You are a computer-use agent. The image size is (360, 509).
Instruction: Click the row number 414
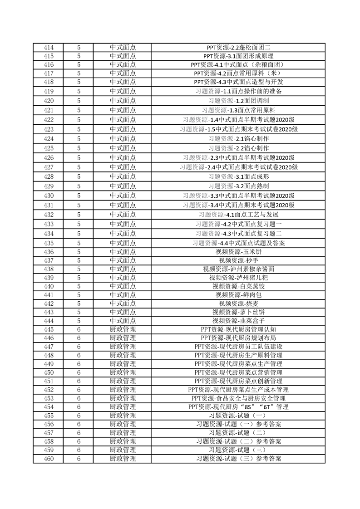point(48,47)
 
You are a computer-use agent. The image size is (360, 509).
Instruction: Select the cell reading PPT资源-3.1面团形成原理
point(238,56)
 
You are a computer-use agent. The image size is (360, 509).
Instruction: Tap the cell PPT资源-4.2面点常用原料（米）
point(238,73)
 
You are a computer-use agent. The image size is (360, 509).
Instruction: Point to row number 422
point(48,120)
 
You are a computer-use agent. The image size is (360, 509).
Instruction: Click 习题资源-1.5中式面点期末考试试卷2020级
point(238,129)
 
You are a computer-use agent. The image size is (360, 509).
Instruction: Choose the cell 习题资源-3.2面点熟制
point(238,186)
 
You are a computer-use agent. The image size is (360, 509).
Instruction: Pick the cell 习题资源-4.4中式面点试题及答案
point(238,243)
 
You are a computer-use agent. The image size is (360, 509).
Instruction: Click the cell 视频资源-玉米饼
point(238,252)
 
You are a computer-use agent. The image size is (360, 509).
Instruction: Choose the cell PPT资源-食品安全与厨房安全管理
point(238,398)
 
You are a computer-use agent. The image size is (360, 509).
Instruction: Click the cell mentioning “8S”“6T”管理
point(238,407)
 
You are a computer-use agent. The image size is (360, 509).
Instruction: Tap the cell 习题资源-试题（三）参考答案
point(238,459)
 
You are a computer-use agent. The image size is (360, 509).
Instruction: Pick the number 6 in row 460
point(79,459)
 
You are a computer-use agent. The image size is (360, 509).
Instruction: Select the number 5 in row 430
point(79,196)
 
